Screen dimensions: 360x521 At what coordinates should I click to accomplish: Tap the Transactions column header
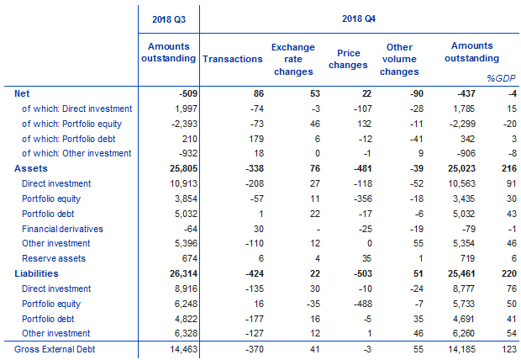click(232, 58)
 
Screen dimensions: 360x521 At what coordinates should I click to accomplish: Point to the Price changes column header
click(348, 59)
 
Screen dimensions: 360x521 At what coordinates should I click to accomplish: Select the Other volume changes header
click(400, 59)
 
